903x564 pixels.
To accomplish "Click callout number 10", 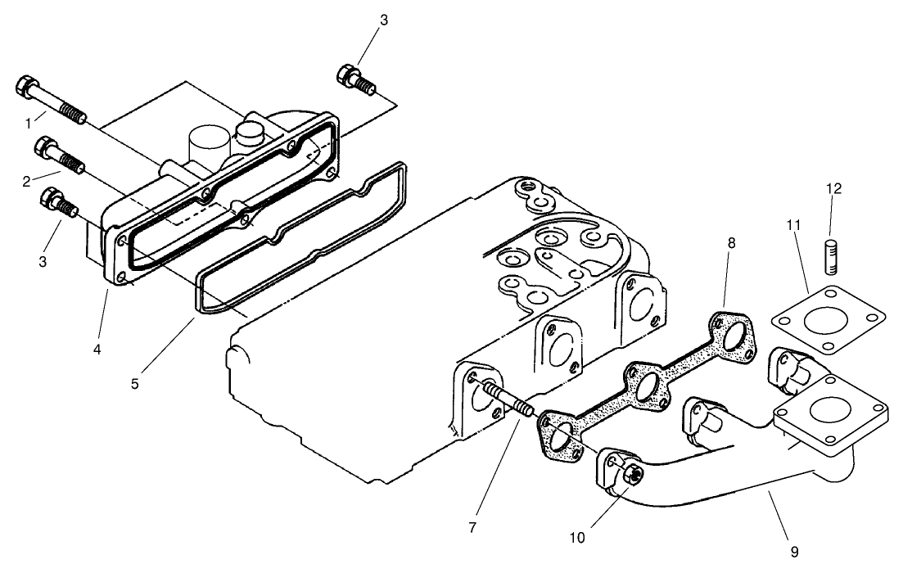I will coord(576,537).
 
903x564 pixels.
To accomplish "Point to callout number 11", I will coord(792,223).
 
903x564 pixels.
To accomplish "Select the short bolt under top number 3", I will coord(356,79).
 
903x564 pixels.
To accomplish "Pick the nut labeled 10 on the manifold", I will coord(630,474).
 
